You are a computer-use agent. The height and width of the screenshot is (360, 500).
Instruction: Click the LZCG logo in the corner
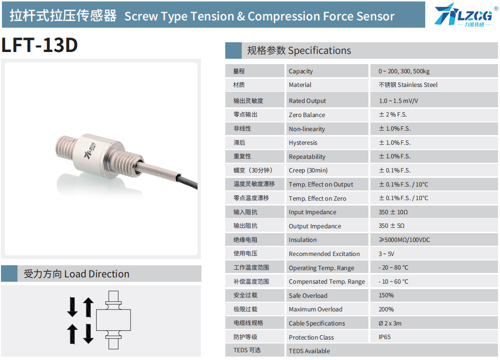[466, 15]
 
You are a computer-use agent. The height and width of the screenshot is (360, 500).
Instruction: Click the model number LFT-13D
[39, 45]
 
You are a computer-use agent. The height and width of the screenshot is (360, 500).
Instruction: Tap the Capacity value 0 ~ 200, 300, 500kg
[404, 71]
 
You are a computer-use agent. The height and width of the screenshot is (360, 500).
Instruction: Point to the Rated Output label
[307, 101]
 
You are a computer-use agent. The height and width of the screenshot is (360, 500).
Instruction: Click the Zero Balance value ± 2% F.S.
[393, 115]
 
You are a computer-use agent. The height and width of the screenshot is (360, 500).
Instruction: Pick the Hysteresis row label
[303, 143]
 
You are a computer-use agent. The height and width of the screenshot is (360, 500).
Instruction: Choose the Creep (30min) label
[308, 171]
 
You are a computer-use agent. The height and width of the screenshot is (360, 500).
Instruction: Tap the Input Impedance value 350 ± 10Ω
[393, 212]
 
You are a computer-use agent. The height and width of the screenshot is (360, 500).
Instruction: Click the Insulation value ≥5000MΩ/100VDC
[404, 240]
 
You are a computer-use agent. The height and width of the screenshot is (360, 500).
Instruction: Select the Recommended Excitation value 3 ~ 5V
[386, 254]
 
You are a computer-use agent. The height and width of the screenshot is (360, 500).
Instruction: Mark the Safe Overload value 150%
[386, 295]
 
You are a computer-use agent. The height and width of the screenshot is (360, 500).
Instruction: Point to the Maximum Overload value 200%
[386, 309]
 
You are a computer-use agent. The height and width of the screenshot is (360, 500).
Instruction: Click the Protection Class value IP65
[384, 337]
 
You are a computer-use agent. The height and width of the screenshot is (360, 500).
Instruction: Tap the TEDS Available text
[309, 351]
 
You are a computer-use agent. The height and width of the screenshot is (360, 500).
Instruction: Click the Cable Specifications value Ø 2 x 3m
[390, 323]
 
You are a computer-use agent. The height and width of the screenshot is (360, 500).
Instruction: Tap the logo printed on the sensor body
[89, 150]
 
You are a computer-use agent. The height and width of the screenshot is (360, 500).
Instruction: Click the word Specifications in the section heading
[319, 51]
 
